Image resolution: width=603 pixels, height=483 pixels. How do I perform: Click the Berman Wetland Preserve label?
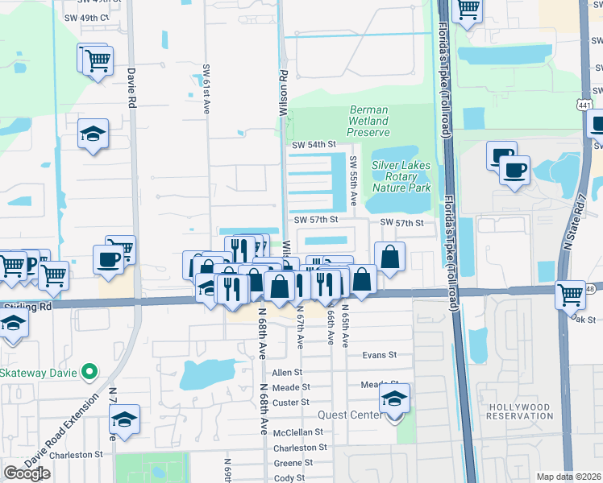(x=368, y=121)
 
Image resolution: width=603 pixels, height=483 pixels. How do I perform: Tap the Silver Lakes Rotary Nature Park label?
(x=401, y=176)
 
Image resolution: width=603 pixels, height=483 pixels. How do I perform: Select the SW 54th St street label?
(x=314, y=144)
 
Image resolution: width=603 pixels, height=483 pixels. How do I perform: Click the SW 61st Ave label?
(x=206, y=89)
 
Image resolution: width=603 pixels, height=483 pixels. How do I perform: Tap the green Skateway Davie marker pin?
(x=90, y=373)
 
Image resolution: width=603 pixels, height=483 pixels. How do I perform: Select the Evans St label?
(x=380, y=354)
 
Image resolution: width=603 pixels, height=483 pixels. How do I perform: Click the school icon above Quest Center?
(x=394, y=398)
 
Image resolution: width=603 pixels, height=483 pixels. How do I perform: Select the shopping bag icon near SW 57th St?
(x=389, y=258)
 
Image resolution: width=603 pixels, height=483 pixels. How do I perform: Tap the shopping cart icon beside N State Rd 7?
(x=571, y=295)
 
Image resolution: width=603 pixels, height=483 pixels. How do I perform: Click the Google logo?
(x=27, y=473)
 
